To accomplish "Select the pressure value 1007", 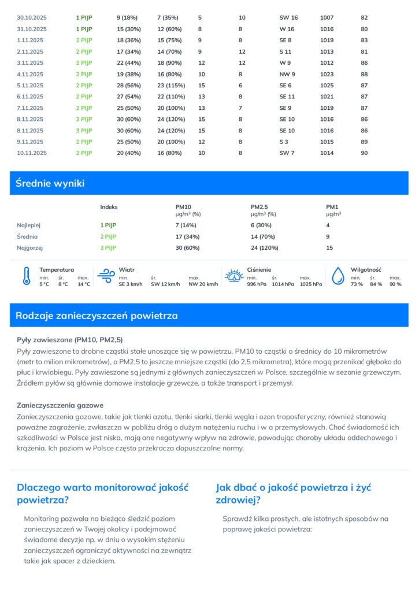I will coord(327,18).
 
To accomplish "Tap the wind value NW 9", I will coord(287,74).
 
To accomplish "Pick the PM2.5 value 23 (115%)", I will coord(171,86).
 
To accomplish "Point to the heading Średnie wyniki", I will coord(50,183).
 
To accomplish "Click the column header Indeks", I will coord(109,206).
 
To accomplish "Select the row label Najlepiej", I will coord(29,225).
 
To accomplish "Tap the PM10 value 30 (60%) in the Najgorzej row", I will coord(188,247).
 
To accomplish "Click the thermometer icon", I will coord(26,276).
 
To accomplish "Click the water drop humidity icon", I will coord(338,276).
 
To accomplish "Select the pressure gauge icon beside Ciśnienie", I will coord(233,276).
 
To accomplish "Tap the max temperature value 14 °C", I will coord(84,284).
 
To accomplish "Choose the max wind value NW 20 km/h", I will coord(203,284).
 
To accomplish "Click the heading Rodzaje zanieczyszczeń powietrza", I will coord(97,316).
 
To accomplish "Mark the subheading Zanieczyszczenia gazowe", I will coord(61,405).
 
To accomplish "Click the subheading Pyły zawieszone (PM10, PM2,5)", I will coord(70,339).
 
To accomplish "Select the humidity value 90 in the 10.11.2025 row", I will coord(364,153).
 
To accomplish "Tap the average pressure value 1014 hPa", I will coord(281,284).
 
